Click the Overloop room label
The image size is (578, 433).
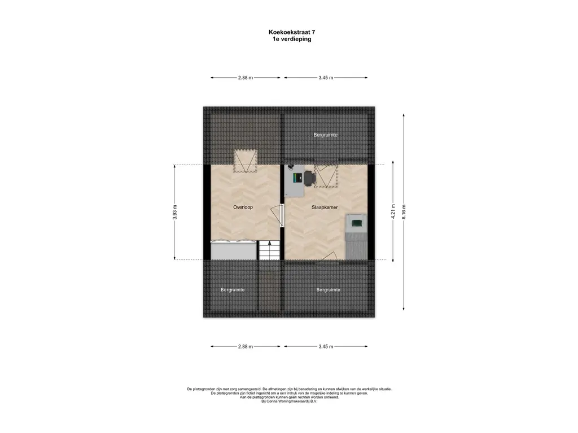[243, 207]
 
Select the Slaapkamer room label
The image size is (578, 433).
[325, 207]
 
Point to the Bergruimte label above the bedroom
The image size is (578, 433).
[326, 135]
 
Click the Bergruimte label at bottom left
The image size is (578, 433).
[233, 290]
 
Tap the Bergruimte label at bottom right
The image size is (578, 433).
[328, 290]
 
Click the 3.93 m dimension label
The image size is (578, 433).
[175, 212]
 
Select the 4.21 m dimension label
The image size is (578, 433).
[393, 212]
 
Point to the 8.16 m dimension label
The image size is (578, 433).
[404, 212]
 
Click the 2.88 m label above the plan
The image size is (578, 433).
[246, 78]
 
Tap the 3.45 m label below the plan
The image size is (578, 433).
[326, 347]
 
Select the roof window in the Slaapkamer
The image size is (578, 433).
[326, 176]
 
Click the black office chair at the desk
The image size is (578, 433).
[309, 178]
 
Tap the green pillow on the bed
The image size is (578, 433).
[357, 223]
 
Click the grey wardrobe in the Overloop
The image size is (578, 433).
[233, 250]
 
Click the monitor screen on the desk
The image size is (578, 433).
[295, 178]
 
